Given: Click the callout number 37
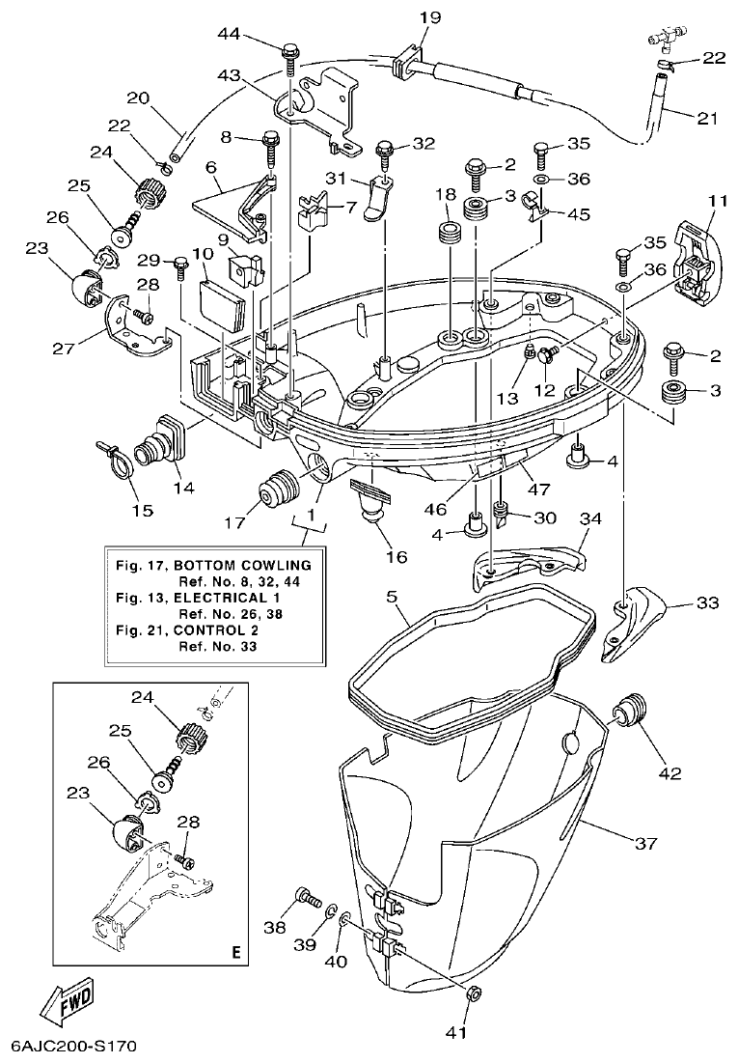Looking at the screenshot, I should [x=645, y=843].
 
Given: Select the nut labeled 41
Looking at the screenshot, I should [x=474, y=993].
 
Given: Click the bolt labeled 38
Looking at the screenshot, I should [x=308, y=898].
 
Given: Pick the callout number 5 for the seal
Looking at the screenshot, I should [x=392, y=598].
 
